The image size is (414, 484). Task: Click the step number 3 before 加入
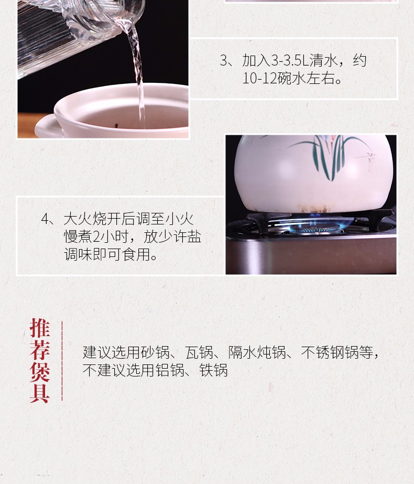tap(224, 60)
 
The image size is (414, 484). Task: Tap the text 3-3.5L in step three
tap(290, 60)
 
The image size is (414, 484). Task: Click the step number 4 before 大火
tap(45, 219)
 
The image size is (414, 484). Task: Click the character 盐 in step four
tap(194, 236)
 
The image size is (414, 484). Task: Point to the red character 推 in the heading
tap(40, 328)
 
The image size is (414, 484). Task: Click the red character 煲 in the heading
tap(40, 372)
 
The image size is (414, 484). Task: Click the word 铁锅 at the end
tap(213, 370)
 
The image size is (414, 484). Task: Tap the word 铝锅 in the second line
tap(170, 370)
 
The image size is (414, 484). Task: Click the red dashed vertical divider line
tap(62, 361)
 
